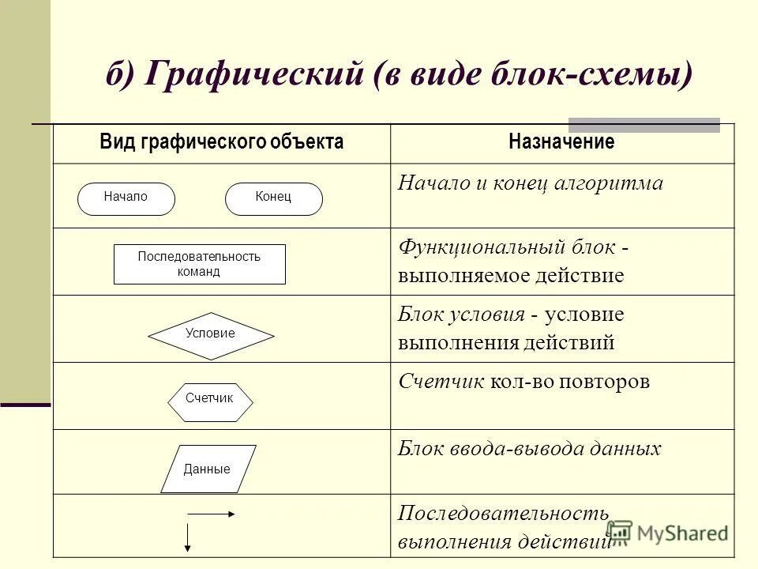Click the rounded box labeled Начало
(x=126, y=198)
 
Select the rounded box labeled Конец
(x=274, y=198)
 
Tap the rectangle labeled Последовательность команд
(x=200, y=264)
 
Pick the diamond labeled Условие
(x=211, y=334)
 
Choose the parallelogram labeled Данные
(x=208, y=469)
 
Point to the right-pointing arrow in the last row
(x=212, y=514)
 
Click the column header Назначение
(x=561, y=143)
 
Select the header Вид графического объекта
(x=222, y=143)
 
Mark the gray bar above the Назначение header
(x=644, y=124)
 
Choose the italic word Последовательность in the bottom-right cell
(x=503, y=514)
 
